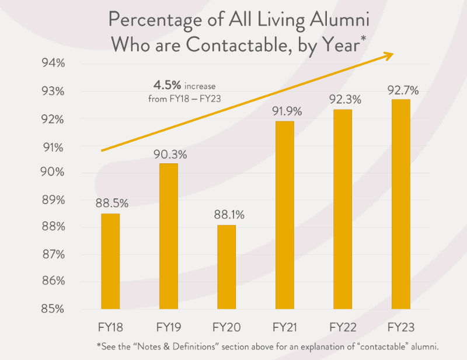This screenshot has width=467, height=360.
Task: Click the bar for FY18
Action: [x=110, y=261]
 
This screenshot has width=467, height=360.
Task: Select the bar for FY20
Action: [x=226, y=267]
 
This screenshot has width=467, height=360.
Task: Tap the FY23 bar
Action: [x=400, y=204]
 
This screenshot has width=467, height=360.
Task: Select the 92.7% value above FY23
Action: [x=402, y=90]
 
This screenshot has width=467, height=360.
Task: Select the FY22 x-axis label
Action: [x=343, y=326]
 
